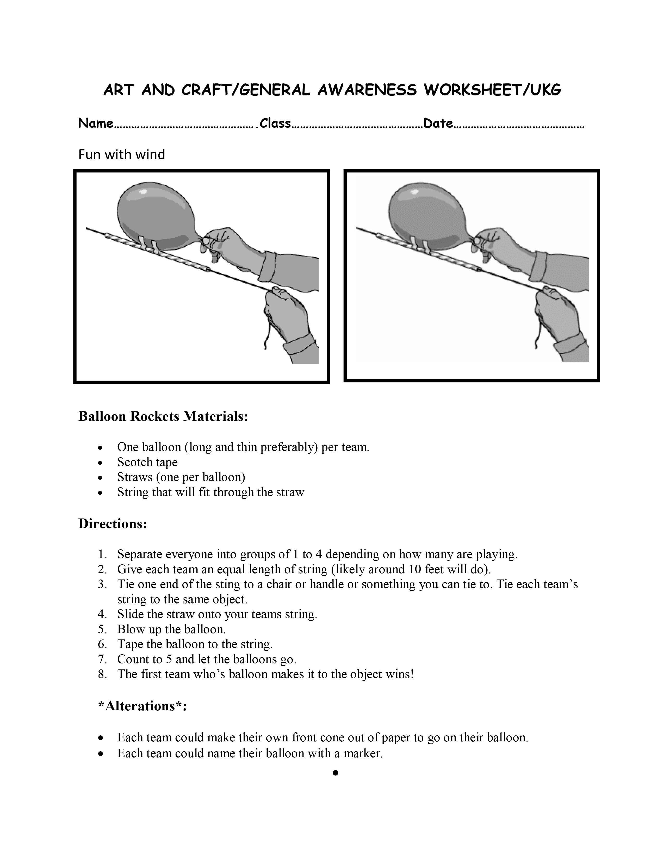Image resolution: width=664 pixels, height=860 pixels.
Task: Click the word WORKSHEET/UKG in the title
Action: tap(492, 90)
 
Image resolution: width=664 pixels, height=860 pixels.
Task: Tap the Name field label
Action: tap(96, 123)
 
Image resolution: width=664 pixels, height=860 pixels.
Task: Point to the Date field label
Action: tap(438, 123)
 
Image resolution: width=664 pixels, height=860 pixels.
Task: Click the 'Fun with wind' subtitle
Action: tap(122, 154)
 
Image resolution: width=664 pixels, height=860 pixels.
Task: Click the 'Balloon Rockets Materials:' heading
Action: tap(163, 416)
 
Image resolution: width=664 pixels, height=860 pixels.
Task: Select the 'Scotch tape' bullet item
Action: tap(147, 462)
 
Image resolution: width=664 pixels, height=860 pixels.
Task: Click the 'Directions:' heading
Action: tap(113, 524)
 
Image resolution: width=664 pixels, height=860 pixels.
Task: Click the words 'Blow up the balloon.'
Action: tap(172, 629)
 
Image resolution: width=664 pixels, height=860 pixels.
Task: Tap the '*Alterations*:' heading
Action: tap(142, 706)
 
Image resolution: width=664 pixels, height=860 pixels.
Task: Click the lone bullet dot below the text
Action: tap(335, 773)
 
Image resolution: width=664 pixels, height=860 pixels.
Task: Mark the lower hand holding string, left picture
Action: tap(286, 315)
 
